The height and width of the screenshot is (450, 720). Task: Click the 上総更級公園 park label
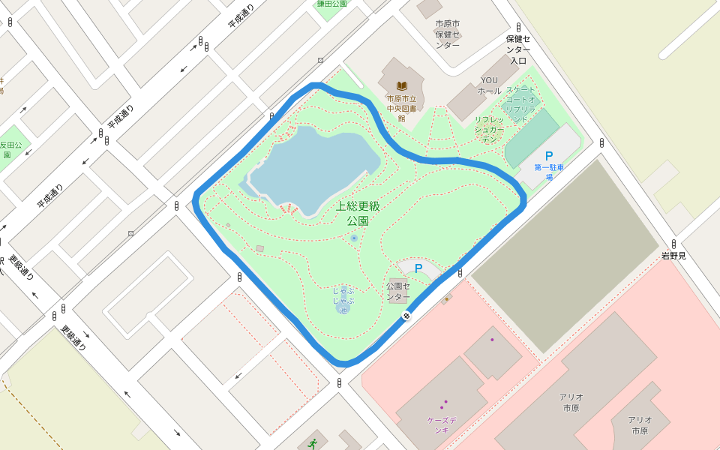358,213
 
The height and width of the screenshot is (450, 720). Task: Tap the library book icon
402,85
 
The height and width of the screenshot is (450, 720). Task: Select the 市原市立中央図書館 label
401,108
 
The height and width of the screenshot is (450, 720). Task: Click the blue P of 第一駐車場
549,155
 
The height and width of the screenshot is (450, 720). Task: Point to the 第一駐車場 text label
549,172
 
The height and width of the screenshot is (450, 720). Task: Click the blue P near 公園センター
418,268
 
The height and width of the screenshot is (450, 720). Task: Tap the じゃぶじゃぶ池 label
343,300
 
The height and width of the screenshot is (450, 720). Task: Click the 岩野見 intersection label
673,256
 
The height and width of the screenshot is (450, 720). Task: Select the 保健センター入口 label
517,49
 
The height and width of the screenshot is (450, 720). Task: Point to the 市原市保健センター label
447,34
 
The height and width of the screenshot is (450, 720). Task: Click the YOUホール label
489,85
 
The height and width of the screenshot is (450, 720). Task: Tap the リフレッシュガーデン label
489,129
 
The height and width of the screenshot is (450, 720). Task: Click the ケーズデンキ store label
437,425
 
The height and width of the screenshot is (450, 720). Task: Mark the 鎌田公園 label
331,4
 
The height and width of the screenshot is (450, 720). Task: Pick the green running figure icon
312,444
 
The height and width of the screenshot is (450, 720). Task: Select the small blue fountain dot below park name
354,238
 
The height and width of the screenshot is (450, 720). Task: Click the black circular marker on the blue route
406,316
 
